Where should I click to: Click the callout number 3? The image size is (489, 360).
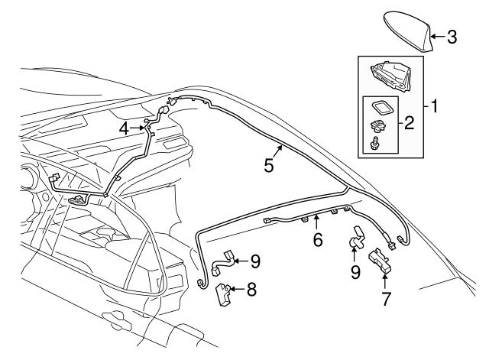[452, 36]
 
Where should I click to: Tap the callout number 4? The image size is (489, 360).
[123, 129]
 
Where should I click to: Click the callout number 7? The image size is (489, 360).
[387, 300]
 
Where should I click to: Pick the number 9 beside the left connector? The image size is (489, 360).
[255, 261]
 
